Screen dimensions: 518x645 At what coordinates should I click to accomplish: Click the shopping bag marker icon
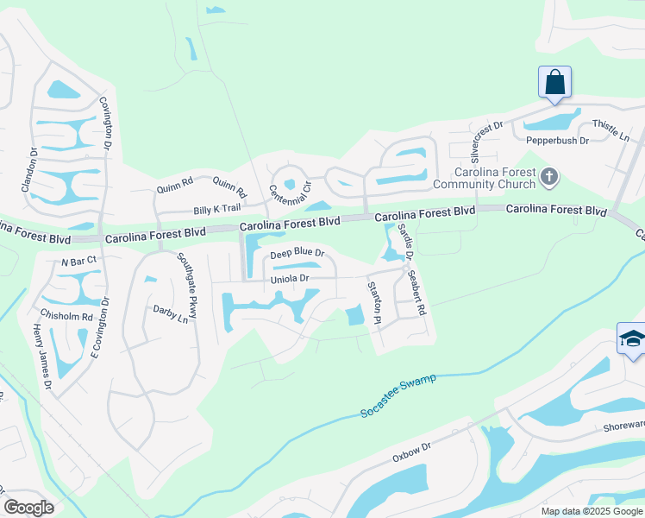pyautogui.click(x=554, y=83)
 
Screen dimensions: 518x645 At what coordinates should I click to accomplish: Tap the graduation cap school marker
pyautogui.click(x=631, y=338)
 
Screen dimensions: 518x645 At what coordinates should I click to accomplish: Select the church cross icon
pyautogui.click(x=549, y=178)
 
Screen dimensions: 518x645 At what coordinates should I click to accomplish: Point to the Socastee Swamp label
pyautogui.click(x=399, y=396)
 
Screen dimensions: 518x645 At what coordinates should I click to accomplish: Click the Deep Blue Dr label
pyautogui.click(x=297, y=254)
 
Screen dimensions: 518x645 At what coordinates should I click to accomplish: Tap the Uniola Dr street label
pyautogui.click(x=290, y=279)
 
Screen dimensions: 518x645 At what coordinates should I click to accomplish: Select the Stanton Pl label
pyautogui.click(x=373, y=303)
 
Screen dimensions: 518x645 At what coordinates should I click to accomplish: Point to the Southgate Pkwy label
pyautogui.click(x=187, y=285)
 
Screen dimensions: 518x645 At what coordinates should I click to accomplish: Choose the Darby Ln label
pyautogui.click(x=171, y=313)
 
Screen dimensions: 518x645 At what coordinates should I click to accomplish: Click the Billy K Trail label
pyautogui.click(x=216, y=210)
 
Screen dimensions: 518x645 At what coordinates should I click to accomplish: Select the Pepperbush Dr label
pyautogui.click(x=556, y=139)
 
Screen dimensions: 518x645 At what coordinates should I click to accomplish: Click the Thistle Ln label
pyautogui.click(x=611, y=131)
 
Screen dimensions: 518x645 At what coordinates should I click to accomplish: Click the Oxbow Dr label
pyautogui.click(x=410, y=454)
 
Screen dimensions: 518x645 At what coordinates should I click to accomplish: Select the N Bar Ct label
pyautogui.click(x=77, y=260)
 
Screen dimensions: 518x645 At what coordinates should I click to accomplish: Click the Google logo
pyautogui.click(x=28, y=508)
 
